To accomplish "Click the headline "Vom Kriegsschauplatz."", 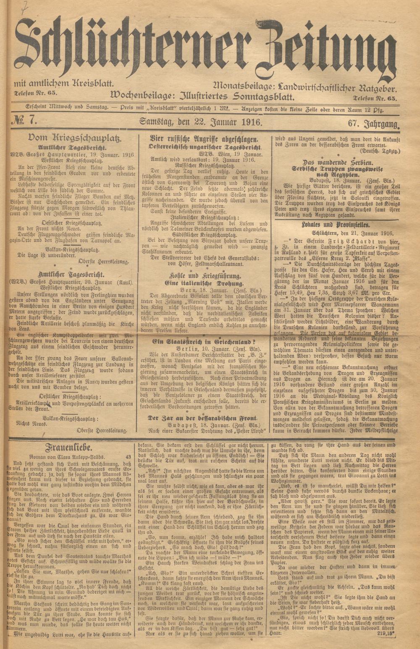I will coord(74,138).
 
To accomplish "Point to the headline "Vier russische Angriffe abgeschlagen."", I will coord(204,139).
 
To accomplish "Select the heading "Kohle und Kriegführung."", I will coord(205,277).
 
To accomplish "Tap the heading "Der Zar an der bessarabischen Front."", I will coord(203,418).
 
